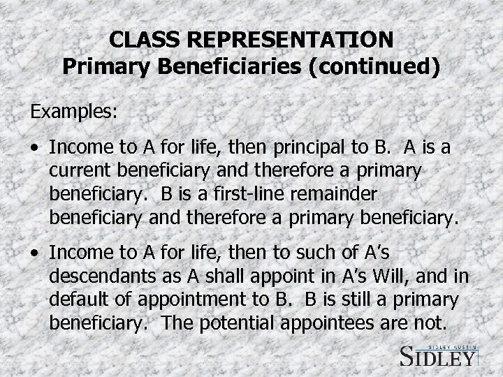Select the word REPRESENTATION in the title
[x=293, y=38]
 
